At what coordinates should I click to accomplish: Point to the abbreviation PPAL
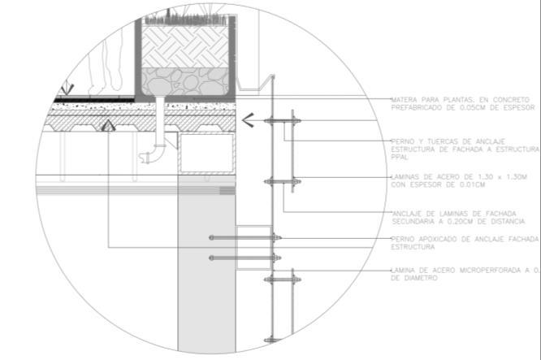pos(399,158)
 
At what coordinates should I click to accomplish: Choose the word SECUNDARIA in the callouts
pos(414,220)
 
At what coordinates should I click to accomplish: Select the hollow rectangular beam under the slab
pos(206,154)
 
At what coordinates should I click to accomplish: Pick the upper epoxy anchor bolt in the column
pos(244,238)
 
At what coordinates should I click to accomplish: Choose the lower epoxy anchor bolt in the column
pos(244,258)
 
